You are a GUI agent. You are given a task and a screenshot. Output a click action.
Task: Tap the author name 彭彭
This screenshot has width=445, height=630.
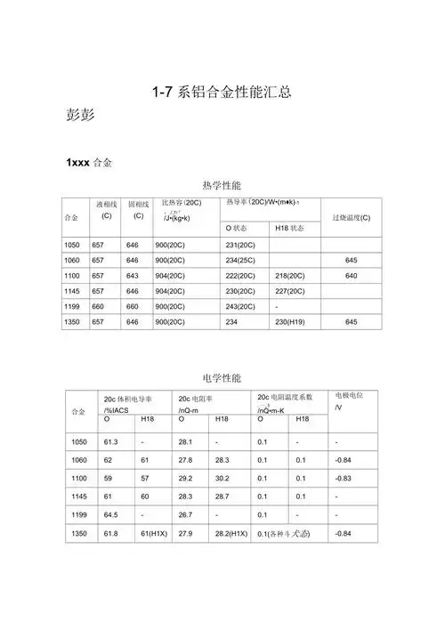pos(85,117)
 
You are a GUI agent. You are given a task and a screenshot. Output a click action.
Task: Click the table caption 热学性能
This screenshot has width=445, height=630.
pos(222,186)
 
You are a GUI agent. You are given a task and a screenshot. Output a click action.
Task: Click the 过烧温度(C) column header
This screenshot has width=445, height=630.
pos(351,218)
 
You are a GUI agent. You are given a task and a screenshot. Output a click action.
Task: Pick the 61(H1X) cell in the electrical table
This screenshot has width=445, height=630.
pos(153,533)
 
